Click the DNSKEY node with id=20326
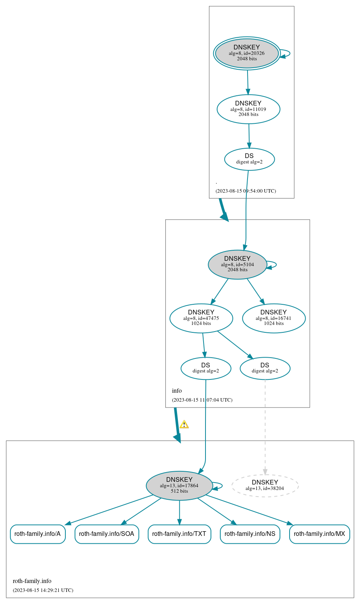[x=247, y=53]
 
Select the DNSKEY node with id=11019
[x=248, y=109]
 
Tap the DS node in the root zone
[x=249, y=159]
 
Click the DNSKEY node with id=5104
[x=237, y=264]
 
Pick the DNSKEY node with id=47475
[x=201, y=318]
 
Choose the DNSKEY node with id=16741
[x=274, y=318]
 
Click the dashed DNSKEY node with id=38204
[x=265, y=485]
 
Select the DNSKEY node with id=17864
[x=179, y=485]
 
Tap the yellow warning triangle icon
[x=184, y=425]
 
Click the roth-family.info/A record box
[x=37, y=534]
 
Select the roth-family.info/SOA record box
[x=106, y=534]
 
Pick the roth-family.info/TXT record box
[x=179, y=534]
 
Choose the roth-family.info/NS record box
[x=250, y=534]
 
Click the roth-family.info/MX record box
[x=319, y=534]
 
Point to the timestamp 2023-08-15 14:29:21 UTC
[x=43, y=590]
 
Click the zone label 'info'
[x=177, y=391]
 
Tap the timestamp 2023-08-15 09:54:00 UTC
[x=246, y=191]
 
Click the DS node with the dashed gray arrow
[x=265, y=368]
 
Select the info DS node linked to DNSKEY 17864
[x=205, y=368]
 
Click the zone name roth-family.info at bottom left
[x=32, y=581]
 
